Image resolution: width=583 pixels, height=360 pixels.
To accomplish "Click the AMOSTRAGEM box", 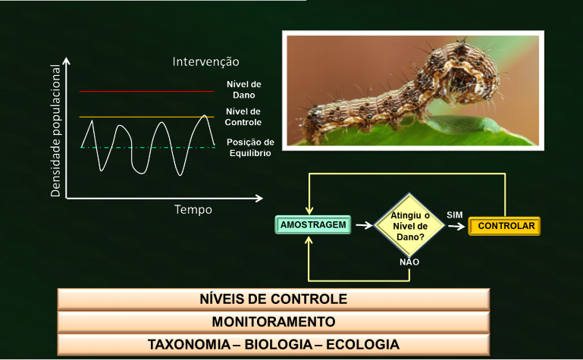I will [x=313, y=225].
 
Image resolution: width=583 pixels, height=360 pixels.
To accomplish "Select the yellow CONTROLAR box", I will [x=506, y=226].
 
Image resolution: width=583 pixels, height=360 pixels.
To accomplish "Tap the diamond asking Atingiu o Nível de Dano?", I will [x=409, y=225].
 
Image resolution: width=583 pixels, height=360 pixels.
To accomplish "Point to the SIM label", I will [x=455, y=215].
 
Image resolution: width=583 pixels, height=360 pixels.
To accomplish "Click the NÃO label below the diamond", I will [x=409, y=261].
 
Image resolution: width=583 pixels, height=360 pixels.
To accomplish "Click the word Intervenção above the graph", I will [x=205, y=61].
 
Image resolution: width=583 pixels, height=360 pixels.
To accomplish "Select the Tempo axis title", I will [x=193, y=209].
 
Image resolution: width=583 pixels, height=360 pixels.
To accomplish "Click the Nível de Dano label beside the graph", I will [x=243, y=89].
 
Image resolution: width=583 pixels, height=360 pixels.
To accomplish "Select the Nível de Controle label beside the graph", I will [x=243, y=117].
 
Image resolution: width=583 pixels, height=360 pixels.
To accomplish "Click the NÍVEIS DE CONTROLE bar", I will [x=273, y=299].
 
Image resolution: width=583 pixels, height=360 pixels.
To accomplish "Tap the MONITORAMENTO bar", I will [x=273, y=321].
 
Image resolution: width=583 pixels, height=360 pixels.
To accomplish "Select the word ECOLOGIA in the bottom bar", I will [x=362, y=344].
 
